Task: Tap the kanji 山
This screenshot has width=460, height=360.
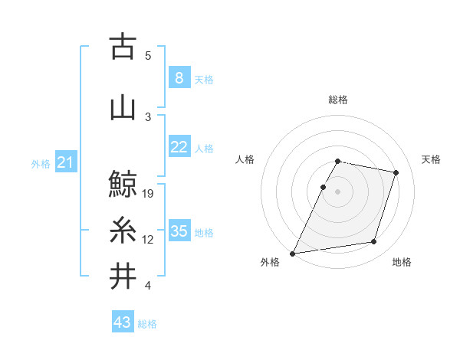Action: click(x=122, y=107)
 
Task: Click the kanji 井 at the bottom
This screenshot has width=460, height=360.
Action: click(x=122, y=277)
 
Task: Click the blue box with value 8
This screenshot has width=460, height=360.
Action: click(x=179, y=78)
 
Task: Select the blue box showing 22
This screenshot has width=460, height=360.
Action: click(x=179, y=147)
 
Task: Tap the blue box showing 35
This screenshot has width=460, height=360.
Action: click(x=179, y=231)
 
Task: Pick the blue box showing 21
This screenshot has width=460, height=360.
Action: click(x=65, y=162)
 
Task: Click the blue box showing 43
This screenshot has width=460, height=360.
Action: click(x=122, y=322)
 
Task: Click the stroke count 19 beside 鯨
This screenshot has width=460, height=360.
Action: click(x=149, y=193)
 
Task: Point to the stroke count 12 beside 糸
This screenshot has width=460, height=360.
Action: click(x=149, y=240)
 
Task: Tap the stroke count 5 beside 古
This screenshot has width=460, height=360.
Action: click(x=148, y=56)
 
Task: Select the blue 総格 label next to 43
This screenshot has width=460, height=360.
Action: click(x=147, y=324)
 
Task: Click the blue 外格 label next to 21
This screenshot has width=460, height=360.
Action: click(x=41, y=163)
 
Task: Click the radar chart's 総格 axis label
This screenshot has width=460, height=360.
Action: click(x=338, y=100)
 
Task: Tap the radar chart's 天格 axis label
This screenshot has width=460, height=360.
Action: click(x=431, y=159)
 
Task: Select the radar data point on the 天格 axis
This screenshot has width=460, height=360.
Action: click(x=396, y=172)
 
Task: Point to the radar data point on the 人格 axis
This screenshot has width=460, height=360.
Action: click(x=323, y=187)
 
